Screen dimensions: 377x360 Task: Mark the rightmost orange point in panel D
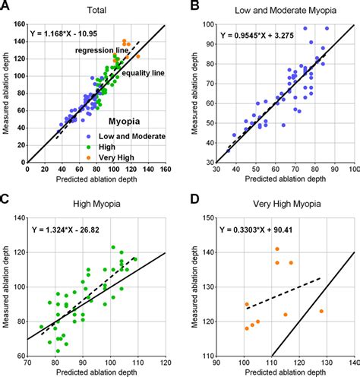(x=321, y=311)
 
